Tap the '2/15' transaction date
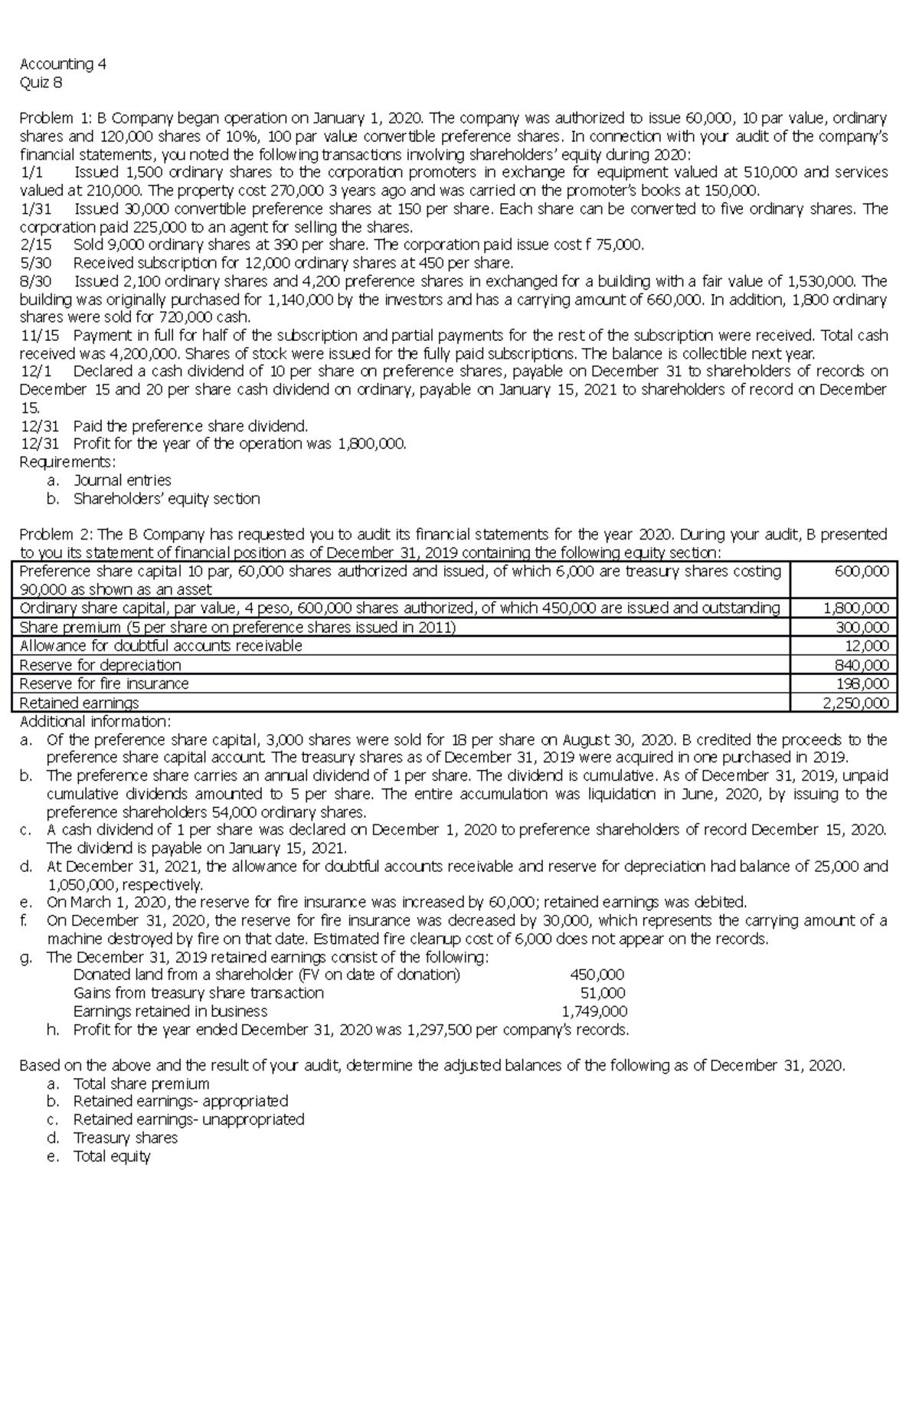click(34, 245)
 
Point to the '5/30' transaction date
click(35, 264)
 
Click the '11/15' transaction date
click(38, 335)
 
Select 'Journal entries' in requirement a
click(122, 480)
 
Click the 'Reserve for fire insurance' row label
click(103, 683)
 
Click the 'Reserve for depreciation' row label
click(100, 665)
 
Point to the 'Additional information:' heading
click(95, 722)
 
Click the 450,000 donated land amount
click(597, 975)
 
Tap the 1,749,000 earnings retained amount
click(594, 1011)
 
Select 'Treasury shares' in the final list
click(125, 1138)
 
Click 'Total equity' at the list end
click(112, 1156)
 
